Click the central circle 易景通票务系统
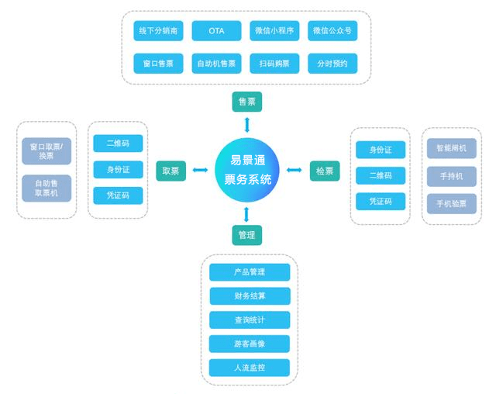(246, 171)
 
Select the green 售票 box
(246, 102)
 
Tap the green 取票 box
(170, 171)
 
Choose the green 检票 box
(325, 171)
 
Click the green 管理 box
(246, 235)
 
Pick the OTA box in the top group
(216, 31)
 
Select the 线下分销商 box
(158, 31)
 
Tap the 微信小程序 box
(274, 31)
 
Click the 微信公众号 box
(332, 31)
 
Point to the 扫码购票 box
(274, 64)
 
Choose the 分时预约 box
(332, 64)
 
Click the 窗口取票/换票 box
(46, 151)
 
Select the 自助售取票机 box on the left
(46, 188)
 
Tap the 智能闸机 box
(451, 148)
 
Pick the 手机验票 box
(451, 204)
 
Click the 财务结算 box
(250, 296)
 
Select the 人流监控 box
(250, 368)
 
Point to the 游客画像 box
(250, 344)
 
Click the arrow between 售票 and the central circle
(246, 125)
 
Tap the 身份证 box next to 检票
(381, 150)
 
